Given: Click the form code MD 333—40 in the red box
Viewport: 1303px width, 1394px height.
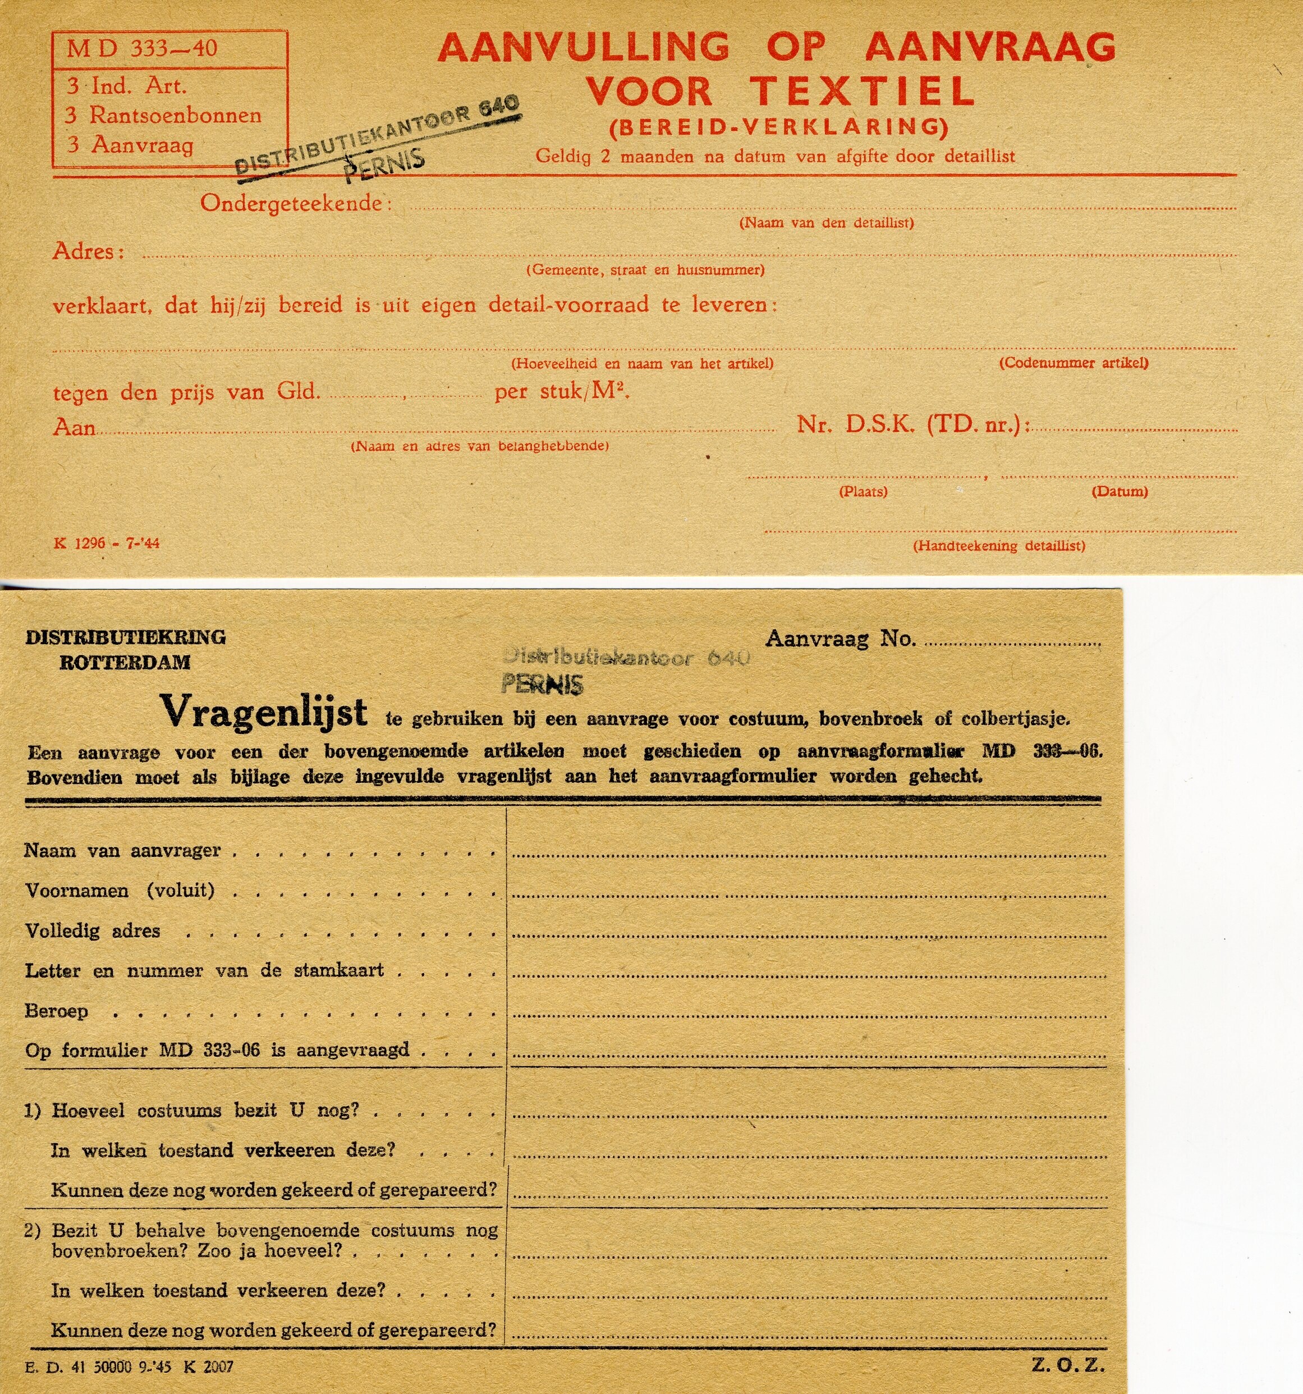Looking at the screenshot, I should pyautogui.click(x=143, y=48).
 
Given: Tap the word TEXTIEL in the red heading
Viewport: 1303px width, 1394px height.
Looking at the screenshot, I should pyautogui.click(x=862, y=91).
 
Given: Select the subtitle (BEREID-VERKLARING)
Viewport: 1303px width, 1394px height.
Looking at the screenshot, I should pyautogui.click(x=778, y=127).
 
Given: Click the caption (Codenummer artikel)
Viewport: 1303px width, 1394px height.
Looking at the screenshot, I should pyautogui.click(x=1073, y=363).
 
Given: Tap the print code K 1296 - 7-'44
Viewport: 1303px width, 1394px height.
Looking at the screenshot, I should pyautogui.click(x=107, y=543).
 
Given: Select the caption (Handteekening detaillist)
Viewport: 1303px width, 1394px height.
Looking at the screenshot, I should pyautogui.click(x=999, y=545).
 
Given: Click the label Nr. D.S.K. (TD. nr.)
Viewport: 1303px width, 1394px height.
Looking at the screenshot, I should pyautogui.click(x=912, y=424).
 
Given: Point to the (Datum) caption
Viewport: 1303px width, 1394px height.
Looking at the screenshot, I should pyautogui.click(x=1120, y=492).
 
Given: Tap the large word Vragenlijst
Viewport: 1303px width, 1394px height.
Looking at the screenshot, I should pyautogui.click(x=264, y=712).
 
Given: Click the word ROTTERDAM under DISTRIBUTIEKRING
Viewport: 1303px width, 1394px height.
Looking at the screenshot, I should pyautogui.click(x=125, y=663).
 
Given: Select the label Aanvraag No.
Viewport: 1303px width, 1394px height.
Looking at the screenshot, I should pyautogui.click(x=840, y=638).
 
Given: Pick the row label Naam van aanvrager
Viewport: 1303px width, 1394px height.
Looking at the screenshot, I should pyautogui.click(x=123, y=851).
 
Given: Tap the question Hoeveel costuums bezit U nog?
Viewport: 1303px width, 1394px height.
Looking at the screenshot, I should pyautogui.click(x=205, y=1110).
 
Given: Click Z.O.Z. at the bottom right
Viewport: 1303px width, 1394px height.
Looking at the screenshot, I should pyautogui.click(x=1067, y=1365).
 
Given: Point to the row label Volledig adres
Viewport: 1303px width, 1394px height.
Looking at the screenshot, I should pyautogui.click(x=93, y=930).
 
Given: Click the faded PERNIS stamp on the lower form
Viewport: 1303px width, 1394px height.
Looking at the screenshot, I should pyautogui.click(x=542, y=685).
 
